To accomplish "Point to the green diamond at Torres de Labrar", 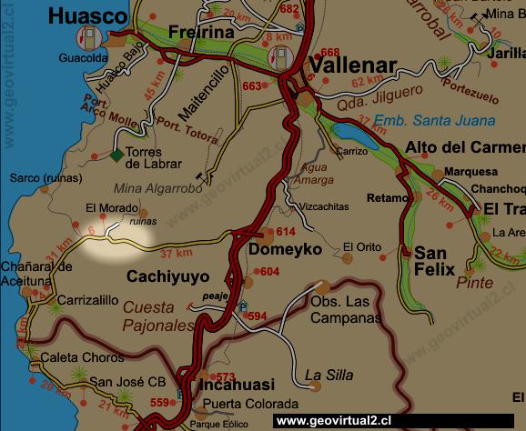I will [x=116, y=155].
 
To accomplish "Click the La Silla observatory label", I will [x=327, y=374].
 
